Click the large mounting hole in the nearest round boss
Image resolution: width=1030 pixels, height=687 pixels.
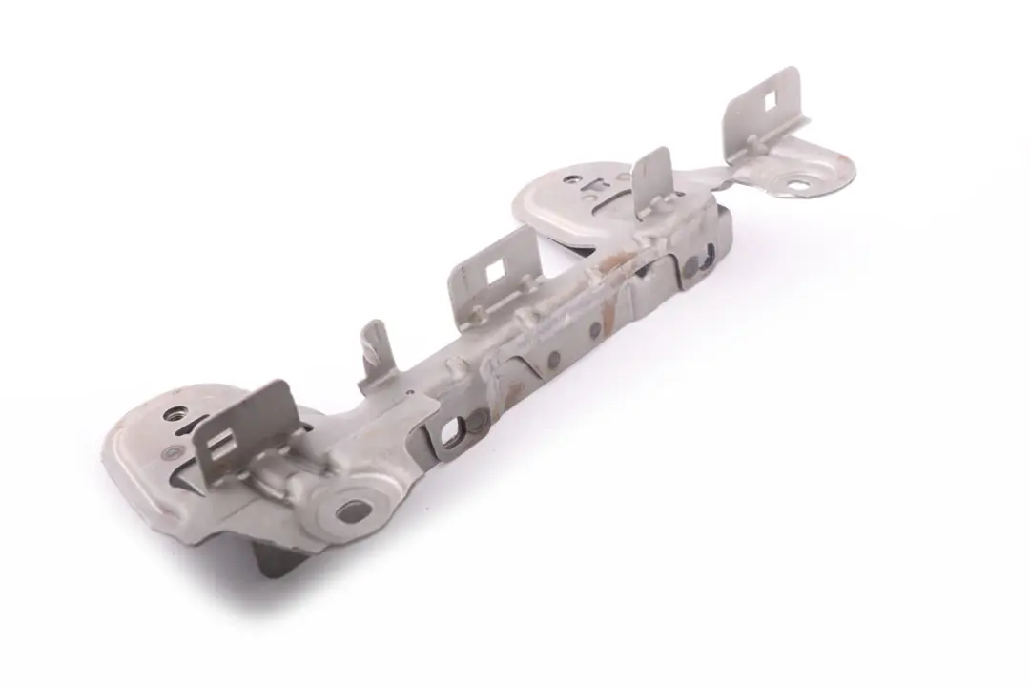tap(352, 510)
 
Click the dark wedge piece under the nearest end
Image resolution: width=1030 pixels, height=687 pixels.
tap(278, 557)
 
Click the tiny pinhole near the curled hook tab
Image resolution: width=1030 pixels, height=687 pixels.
tap(408, 392)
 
